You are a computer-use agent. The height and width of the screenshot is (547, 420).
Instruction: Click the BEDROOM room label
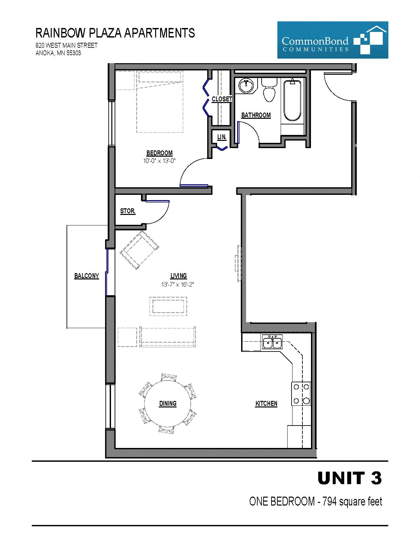159,153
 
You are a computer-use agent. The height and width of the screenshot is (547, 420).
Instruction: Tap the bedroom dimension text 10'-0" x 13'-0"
159,161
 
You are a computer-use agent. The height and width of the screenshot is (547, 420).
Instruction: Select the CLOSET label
222,99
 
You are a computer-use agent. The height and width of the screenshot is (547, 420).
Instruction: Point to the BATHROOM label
256,115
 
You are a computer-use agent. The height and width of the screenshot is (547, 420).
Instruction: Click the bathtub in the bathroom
292,100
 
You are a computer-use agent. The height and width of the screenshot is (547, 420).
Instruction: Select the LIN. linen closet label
222,137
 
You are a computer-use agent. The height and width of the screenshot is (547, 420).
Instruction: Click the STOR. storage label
127,211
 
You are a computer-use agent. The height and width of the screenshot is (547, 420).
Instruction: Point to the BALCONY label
86,276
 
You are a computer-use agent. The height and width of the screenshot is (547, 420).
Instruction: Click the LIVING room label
179,276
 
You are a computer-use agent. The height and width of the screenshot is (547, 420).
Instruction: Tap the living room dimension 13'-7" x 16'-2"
178,284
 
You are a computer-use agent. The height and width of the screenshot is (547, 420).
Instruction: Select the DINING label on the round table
168,404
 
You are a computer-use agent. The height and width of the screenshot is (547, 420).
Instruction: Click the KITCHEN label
266,404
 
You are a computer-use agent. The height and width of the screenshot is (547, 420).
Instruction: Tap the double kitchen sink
272,342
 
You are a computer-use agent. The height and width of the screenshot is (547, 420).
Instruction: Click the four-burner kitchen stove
301,394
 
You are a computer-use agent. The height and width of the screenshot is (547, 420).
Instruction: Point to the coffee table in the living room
168,306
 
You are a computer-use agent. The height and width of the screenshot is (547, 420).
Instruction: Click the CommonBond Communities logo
333,40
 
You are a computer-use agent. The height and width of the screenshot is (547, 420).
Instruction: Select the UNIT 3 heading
350,478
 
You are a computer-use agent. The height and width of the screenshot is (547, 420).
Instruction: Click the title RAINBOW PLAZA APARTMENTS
115,33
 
